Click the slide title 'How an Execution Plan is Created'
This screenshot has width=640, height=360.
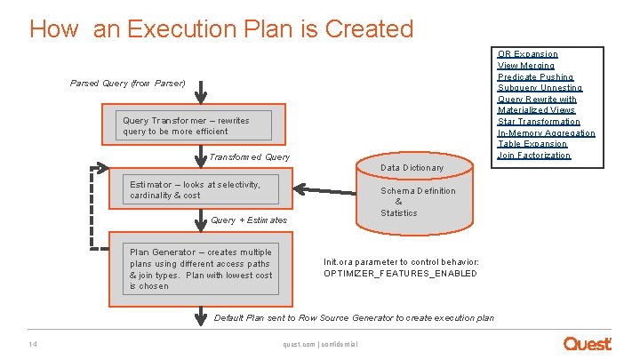pyautogui.click(x=221, y=28)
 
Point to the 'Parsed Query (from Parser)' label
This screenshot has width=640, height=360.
pyautogui.click(x=127, y=84)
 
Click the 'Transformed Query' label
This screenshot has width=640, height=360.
pyautogui.click(x=249, y=157)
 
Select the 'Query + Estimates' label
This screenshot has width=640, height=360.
pyautogui.click(x=249, y=220)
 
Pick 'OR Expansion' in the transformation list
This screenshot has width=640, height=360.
pyautogui.click(x=528, y=54)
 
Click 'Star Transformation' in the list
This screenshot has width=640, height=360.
pyautogui.click(x=539, y=122)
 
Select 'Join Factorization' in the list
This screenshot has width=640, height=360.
pyautogui.click(x=534, y=156)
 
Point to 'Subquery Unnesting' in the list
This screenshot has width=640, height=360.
pyautogui.click(x=540, y=88)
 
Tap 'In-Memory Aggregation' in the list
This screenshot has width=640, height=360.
pyautogui.click(x=547, y=133)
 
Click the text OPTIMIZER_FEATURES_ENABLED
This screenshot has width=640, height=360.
pyautogui.click(x=400, y=273)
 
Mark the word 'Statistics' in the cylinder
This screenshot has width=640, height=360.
pyautogui.click(x=399, y=213)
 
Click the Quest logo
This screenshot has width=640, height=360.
pyautogui.click(x=588, y=343)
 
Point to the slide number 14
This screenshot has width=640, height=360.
pyautogui.click(x=32, y=345)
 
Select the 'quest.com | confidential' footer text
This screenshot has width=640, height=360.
pyautogui.click(x=319, y=345)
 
